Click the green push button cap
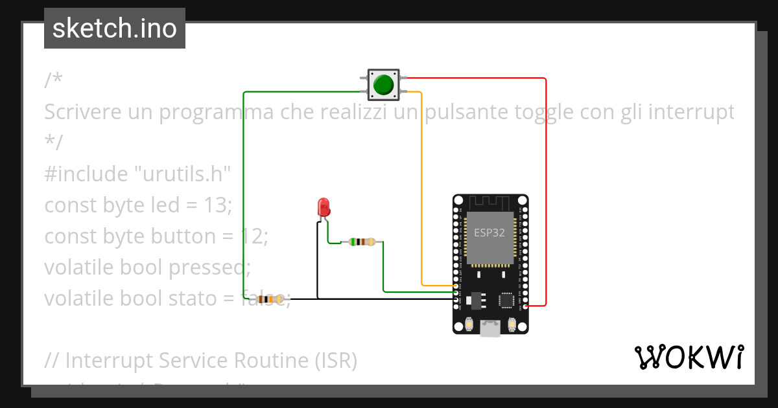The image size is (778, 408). pyautogui.click(x=384, y=85)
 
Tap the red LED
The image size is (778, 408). pyautogui.click(x=324, y=207)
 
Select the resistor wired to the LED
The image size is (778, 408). pyautogui.click(x=361, y=242)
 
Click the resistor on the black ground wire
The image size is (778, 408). pyautogui.click(x=270, y=299)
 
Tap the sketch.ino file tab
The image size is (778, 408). pyautogui.click(x=115, y=28)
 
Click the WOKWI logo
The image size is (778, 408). pyautogui.click(x=688, y=357)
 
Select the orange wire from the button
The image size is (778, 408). pyautogui.click(x=422, y=194)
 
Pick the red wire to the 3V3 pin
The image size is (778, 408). pyautogui.click(x=546, y=194)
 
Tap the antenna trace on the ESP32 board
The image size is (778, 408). pyautogui.click(x=490, y=202)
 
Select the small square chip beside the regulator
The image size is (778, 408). pyautogui.click(x=506, y=300)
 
